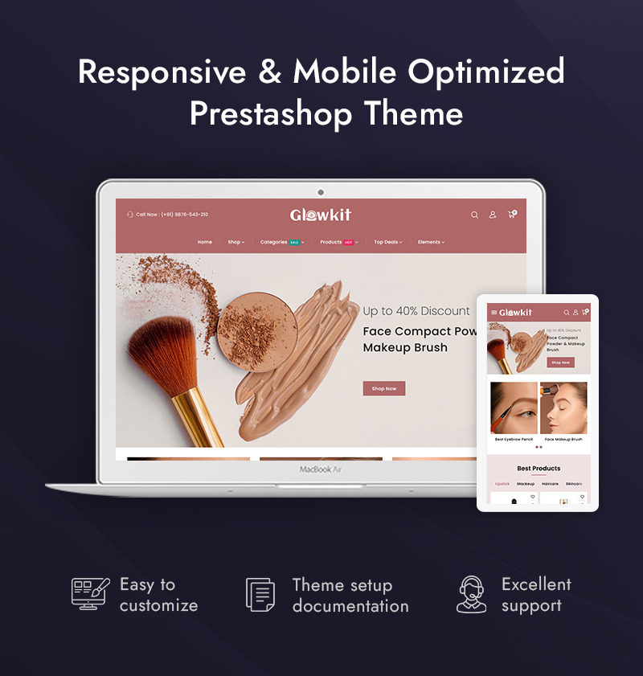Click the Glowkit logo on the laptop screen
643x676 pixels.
(321, 215)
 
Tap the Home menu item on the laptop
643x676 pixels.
(205, 242)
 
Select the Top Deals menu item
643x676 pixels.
(387, 242)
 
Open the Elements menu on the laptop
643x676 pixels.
(430, 242)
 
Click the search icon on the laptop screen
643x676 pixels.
(474, 215)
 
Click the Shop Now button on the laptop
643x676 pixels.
(384, 388)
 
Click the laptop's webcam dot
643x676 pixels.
(321, 191)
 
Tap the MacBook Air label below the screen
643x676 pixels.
(321, 469)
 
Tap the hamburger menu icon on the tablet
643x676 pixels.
(494, 313)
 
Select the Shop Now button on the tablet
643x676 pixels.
(560, 363)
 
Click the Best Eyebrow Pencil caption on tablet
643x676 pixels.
(514, 440)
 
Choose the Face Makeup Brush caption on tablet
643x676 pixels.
(563, 440)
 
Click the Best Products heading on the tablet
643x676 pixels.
(539, 469)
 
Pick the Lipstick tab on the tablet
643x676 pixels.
(502, 484)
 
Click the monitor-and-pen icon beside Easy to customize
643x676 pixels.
(90, 594)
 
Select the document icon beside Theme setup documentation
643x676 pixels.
(260, 595)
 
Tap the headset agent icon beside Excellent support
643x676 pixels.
(471, 595)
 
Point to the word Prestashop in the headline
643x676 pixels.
(271, 113)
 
